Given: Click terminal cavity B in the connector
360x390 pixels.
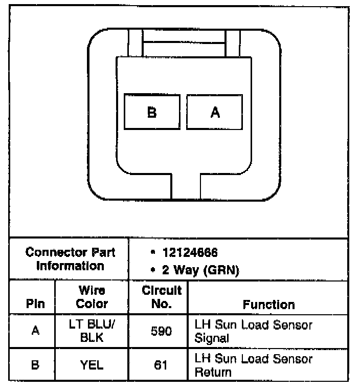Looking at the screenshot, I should pos(152,112).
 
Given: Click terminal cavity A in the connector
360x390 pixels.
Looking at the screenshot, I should pos(215,112).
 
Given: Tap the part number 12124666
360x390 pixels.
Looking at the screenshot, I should pos(190,253).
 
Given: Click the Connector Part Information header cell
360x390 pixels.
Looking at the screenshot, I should pos(70,259).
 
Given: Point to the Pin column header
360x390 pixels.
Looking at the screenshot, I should pos(35,304).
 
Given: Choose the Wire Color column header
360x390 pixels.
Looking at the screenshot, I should pos(92,297).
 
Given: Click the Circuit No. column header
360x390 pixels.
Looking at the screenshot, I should pos(162,297).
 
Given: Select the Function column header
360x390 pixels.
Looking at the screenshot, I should pos(268,305).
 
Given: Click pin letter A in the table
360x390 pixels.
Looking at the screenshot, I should pos(35,331).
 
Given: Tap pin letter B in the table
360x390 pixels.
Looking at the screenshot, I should pos(35,365).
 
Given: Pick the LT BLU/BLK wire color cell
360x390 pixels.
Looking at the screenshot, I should pos(92,331).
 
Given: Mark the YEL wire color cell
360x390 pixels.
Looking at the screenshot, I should pos(92,365).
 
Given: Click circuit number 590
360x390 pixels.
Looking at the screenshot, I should pos(162,331).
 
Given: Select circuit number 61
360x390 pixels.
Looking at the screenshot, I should pos(162,365).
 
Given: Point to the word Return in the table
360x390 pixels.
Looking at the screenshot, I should pos(210,372).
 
